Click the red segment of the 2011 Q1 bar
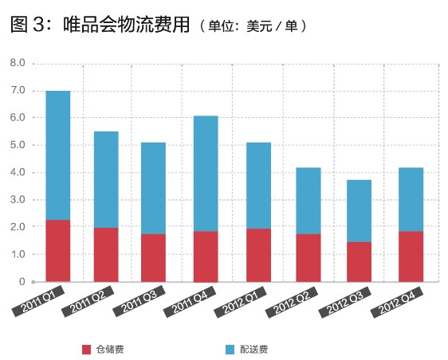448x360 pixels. coord(57,250)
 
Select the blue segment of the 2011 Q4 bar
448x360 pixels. coord(205,174)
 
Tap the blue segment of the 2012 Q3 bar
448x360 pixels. coord(359,211)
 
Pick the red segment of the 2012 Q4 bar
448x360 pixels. coord(411,256)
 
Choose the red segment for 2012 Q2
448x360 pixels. coord(308,257)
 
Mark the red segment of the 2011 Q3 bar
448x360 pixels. coord(153,257)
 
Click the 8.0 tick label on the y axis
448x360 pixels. coord(18,63)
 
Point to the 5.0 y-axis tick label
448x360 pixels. coord(18,145)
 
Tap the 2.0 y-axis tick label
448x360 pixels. coord(18,227)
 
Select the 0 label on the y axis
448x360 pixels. coord(22,282)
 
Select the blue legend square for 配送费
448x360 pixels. coord(230,349)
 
